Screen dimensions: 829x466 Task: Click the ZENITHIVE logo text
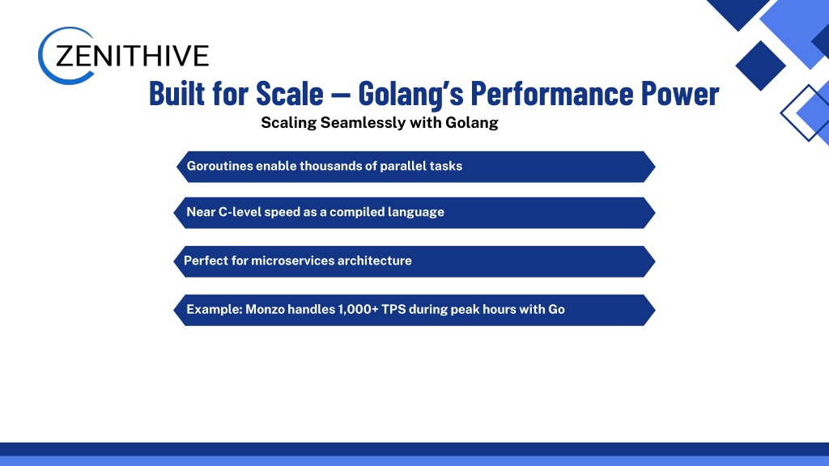click(132, 56)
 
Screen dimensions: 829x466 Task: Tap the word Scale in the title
click(289, 94)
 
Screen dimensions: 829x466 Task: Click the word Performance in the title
click(551, 94)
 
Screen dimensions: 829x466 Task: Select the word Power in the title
click(680, 94)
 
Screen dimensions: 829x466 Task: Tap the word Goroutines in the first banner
click(219, 166)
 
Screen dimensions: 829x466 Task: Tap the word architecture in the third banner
click(374, 261)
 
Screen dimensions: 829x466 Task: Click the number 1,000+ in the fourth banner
click(358, 309)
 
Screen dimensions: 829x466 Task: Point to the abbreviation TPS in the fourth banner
click(393, 309)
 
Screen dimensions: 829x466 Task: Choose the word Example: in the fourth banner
click(215, 310)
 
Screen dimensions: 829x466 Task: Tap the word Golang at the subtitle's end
click(472, 123)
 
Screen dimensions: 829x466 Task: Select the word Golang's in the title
click(410, 94)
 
